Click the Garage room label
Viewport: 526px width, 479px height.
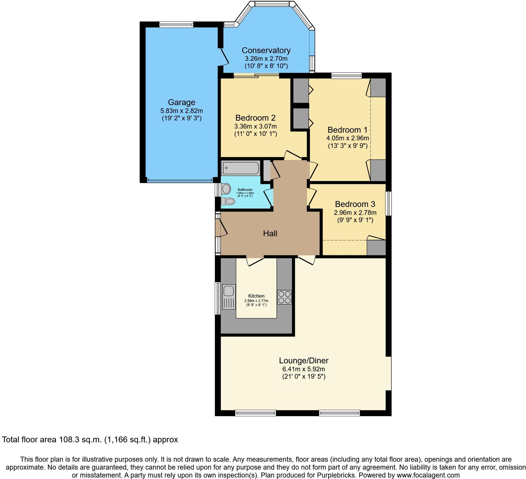point(181,102)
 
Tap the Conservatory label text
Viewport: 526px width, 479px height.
point(266,50)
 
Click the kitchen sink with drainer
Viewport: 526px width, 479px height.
point(229,297)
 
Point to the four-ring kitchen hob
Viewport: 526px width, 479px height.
point(284,297)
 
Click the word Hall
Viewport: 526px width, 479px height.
point(270,234)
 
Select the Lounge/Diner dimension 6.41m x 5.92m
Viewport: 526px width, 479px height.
point(304,369)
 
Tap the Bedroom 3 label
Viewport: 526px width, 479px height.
point(355,204)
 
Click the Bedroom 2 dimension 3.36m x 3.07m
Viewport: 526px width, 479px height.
point(255,127)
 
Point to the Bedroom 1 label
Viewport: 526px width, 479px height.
point(347,130)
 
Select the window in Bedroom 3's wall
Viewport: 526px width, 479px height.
point(388,203)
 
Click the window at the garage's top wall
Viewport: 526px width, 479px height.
point(176,25)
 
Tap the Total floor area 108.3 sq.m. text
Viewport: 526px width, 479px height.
point(90,440)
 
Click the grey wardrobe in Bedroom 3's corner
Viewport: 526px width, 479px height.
point(376,248)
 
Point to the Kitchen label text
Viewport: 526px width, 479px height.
point(256,296)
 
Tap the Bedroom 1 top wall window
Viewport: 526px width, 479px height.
point(346,76)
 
